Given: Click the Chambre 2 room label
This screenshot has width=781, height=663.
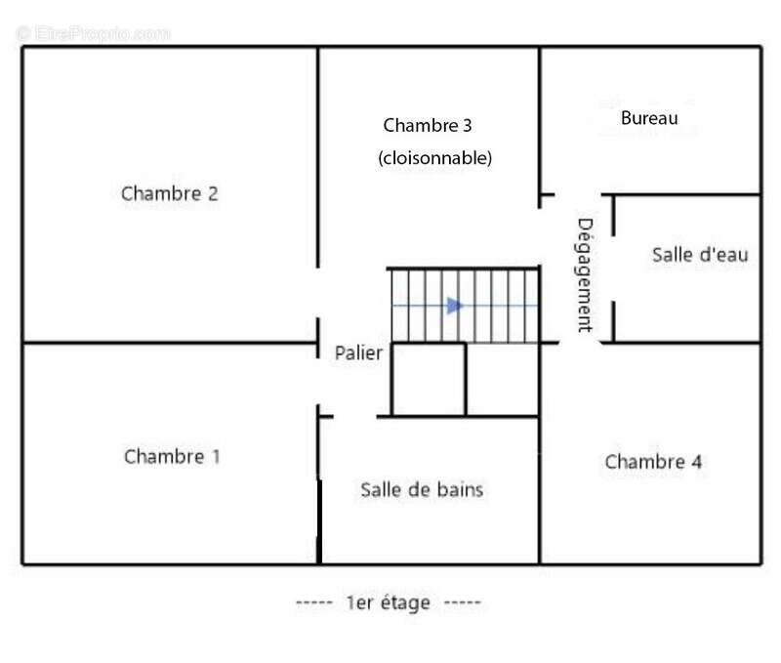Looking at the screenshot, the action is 169,193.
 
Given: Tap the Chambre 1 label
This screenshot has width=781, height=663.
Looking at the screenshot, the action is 172,457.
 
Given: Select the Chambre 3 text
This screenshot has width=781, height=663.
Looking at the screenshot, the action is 428,126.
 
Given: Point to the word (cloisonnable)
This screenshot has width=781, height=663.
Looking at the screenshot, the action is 434,158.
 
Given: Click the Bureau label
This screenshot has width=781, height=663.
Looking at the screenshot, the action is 649,118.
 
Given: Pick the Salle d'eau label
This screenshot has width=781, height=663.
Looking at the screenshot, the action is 700,255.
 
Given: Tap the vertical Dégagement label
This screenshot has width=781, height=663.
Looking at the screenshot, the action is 585,275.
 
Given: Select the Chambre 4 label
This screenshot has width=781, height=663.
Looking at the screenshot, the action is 653,462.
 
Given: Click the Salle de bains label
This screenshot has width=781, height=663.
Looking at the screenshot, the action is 422,489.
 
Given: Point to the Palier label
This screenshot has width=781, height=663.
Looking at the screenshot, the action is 358,353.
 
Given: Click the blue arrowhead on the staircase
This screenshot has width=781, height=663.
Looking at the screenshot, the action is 454,306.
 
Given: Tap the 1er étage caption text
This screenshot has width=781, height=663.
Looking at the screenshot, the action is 389,602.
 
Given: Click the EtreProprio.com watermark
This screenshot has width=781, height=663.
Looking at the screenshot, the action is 94,34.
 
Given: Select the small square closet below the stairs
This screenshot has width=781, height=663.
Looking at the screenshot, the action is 429,379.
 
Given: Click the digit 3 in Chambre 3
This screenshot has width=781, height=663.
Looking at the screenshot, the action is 468,126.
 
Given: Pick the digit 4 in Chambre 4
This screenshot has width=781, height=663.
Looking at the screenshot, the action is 697,462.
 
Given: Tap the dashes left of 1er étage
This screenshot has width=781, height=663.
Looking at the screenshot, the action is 314,602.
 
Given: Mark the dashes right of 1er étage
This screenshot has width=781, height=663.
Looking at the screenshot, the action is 462,602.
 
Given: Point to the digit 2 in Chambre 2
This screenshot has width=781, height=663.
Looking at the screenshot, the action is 213,193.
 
